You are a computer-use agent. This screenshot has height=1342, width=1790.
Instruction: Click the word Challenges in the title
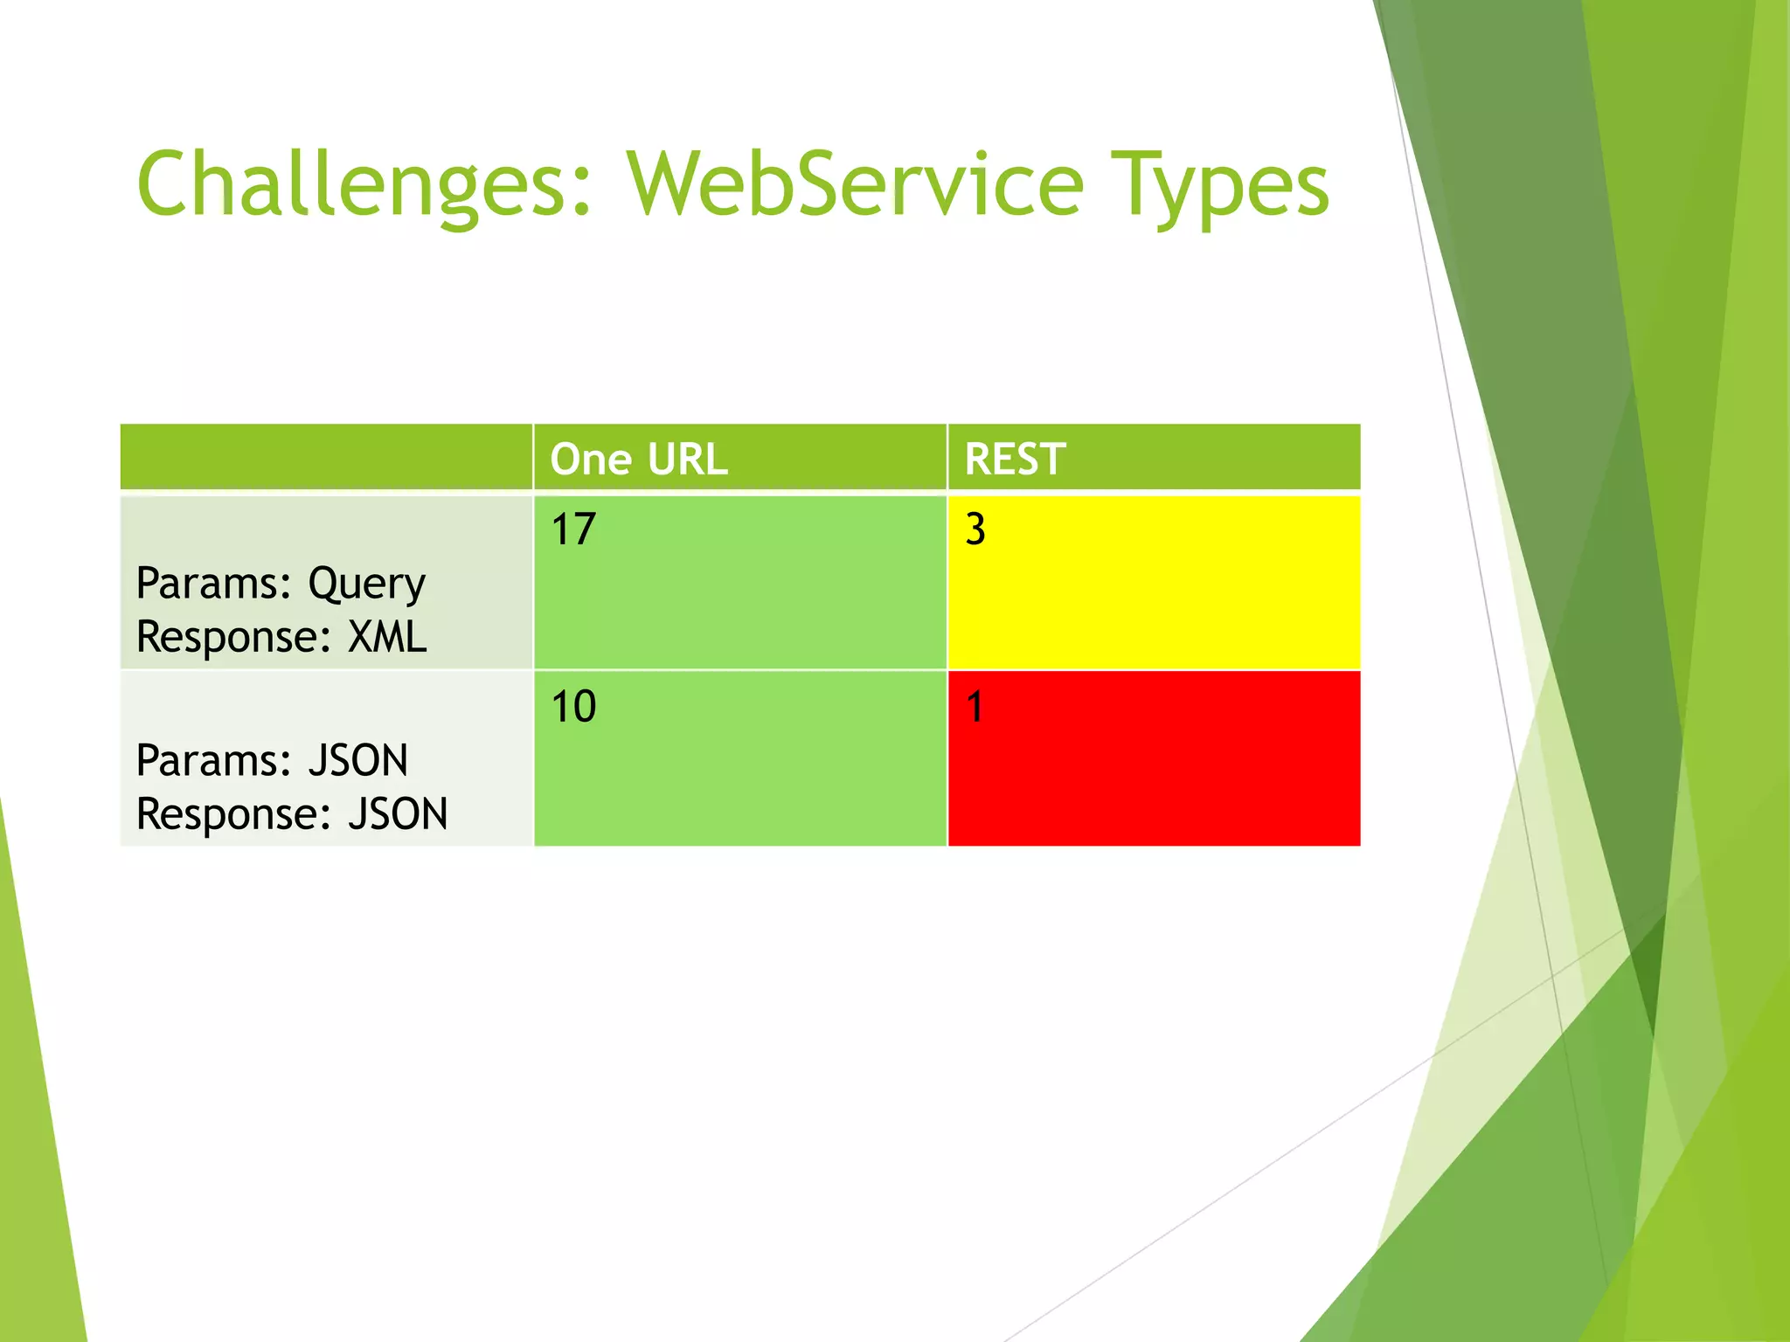354,185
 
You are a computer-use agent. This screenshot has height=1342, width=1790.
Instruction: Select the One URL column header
639,459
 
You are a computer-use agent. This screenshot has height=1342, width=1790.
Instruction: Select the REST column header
1015,459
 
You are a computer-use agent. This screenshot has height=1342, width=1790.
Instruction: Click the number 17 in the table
573,529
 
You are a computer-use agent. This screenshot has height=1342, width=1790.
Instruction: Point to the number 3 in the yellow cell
975,529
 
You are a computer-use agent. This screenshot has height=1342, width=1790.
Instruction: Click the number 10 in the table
573,706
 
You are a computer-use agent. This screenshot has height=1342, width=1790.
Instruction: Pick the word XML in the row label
387,637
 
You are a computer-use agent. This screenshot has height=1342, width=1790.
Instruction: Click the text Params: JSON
272,760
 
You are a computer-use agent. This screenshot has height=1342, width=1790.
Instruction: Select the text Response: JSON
292,814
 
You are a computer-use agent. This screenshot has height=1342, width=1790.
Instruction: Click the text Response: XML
281,637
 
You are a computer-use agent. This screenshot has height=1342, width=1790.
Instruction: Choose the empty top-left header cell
326,457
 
